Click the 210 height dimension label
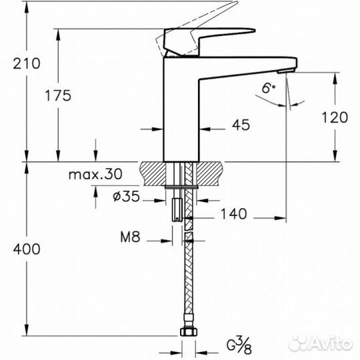pyautogui.click(x=27, y=64)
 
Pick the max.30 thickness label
pyautogui.click(x=95, y=175)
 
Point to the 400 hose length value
pyautogui.click(x=27, y=249)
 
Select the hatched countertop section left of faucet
pyautogui.click(x=153, y=175)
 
